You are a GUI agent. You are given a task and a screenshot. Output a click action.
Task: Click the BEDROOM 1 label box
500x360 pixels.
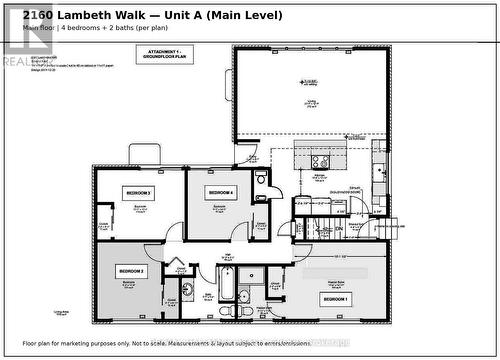[x=336, y=299]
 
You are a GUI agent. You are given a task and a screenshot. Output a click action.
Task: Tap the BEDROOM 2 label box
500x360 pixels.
[x=131, y=271]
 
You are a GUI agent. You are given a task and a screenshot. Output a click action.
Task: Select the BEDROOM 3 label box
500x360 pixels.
[x=138, y=192]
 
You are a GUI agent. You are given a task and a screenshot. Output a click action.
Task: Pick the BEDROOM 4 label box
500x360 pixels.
[x=220, y=191]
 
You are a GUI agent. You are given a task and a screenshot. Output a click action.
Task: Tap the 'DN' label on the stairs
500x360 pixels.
[x=338, y=229]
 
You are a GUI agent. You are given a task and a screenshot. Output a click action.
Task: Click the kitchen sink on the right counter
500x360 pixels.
[x=379, y=172]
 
